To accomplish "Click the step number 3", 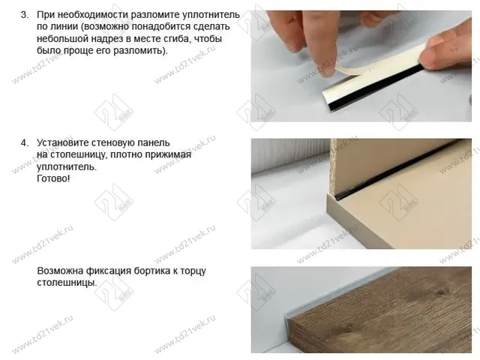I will point(23,15).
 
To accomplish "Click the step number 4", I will point(23,142).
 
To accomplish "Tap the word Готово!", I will point(53,179).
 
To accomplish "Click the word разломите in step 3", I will point(155,15).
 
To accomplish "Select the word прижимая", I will point(170,154).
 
